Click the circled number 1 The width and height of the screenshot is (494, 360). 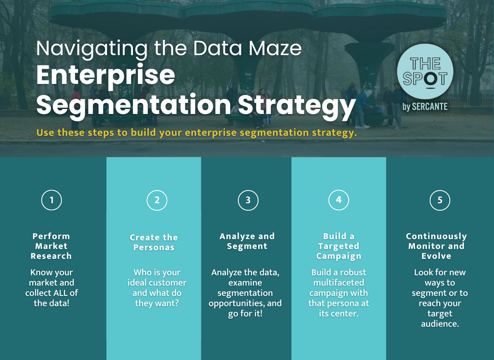[51, 200]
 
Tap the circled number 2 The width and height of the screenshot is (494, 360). [157, 200]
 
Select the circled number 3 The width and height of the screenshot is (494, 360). [248, 200]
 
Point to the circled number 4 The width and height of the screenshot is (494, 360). [338, 200]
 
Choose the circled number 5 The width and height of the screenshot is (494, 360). [440, 200]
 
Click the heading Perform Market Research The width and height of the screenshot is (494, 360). [51, 246]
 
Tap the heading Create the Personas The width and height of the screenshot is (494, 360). [154, 242]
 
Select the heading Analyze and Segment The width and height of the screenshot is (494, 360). [247, 241]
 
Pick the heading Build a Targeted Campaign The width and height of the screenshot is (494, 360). [338, 246]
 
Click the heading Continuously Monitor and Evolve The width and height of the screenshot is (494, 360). [436, 246]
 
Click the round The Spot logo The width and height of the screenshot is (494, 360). [425, 71]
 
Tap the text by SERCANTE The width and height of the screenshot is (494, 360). [425, 107]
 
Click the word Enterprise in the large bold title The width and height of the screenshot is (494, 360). [106, 75]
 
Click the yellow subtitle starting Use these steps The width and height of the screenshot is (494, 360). [197, 133]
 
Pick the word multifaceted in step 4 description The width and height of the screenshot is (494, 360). [338, 283]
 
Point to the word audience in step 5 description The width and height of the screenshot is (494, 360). [440, 323]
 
